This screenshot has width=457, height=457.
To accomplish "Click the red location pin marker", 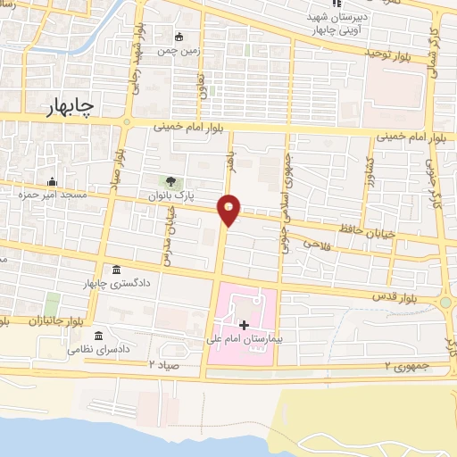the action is (x=229, y=209).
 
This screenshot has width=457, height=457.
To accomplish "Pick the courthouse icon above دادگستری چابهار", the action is (x=118, y=270).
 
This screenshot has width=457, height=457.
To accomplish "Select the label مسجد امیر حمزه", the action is (x=52, y=195).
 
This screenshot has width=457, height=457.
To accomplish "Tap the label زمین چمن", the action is (x=179, y=51).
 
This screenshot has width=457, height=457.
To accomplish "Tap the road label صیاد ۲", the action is (x=165, y=365).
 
